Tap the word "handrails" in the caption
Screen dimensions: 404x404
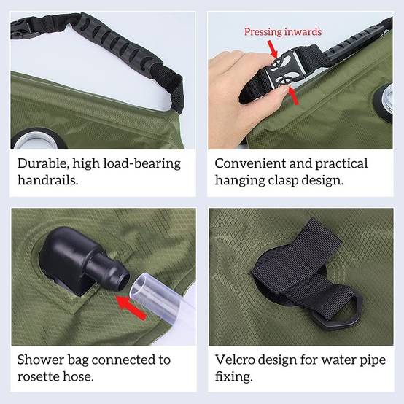tap(47, 180)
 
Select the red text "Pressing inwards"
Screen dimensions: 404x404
tap(283, 32)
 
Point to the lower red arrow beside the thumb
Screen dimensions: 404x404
tap(293, 96)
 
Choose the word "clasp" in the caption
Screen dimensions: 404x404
tap(283, 180)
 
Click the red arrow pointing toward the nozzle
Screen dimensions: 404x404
tap(131, 308)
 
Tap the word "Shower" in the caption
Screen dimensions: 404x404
tap(40, 360)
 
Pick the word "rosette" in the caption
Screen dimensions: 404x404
tap(38, 377)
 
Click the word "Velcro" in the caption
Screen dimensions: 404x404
tap(235, 360)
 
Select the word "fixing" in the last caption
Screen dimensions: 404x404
tap(233, 377)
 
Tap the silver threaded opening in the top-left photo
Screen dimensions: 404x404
tap(36, 141)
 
